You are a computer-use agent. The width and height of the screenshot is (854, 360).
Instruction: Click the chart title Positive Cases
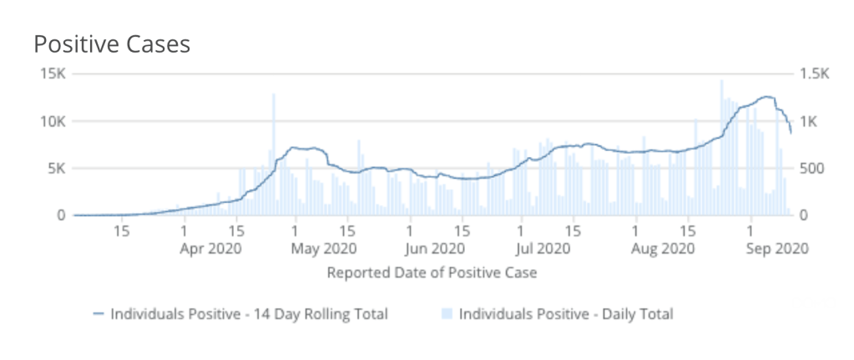point(112,43)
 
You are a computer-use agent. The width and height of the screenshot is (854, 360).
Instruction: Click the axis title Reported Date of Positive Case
point(431,273)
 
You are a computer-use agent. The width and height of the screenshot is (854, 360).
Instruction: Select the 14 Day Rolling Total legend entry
point(247,314)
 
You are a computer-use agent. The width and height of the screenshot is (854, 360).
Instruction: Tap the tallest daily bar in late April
point(273,155)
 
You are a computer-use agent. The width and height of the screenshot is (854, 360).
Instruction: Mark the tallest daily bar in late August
point(721,146)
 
